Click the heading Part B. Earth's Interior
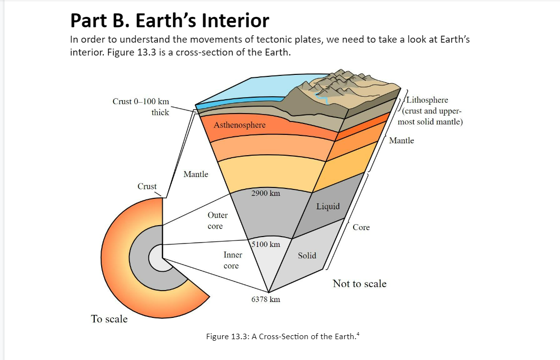tap(170, 21)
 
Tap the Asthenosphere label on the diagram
tap(240, 125)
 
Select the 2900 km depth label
tap(265, 193)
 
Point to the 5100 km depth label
tap(266, 244)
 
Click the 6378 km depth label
tap(266, 299)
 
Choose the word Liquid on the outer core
tap(328, 206)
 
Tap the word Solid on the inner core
tap(307, 255)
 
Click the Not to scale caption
tap(359, 284)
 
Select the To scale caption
tap(109, 319)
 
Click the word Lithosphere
tap(427, 100)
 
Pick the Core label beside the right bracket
tap(361, 227)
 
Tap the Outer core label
tap(217, 221)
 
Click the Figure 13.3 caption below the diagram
tap(282, 337)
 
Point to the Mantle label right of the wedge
tap(401, 140)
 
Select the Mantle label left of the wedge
tap(196, 174)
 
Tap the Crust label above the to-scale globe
tap(147, 186)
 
